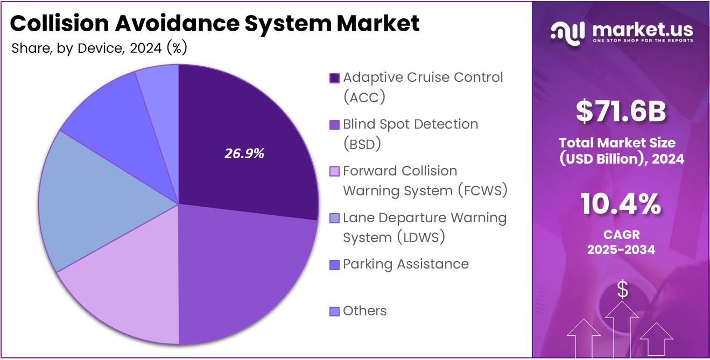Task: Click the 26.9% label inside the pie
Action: coord(244,153)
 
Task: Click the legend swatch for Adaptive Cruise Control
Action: coord(334,79)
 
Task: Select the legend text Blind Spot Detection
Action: coord(410,124)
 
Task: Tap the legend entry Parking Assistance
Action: coord(405,264)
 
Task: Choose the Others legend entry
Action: coord(364,311)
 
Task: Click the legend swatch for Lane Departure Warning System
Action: coord(334,218)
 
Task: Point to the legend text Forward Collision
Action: coord(400,171)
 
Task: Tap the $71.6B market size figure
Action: coord(621,111)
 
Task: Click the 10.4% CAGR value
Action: coord(621,204)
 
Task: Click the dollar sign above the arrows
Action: coord(622,290)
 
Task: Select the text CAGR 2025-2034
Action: coord(621,243)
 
